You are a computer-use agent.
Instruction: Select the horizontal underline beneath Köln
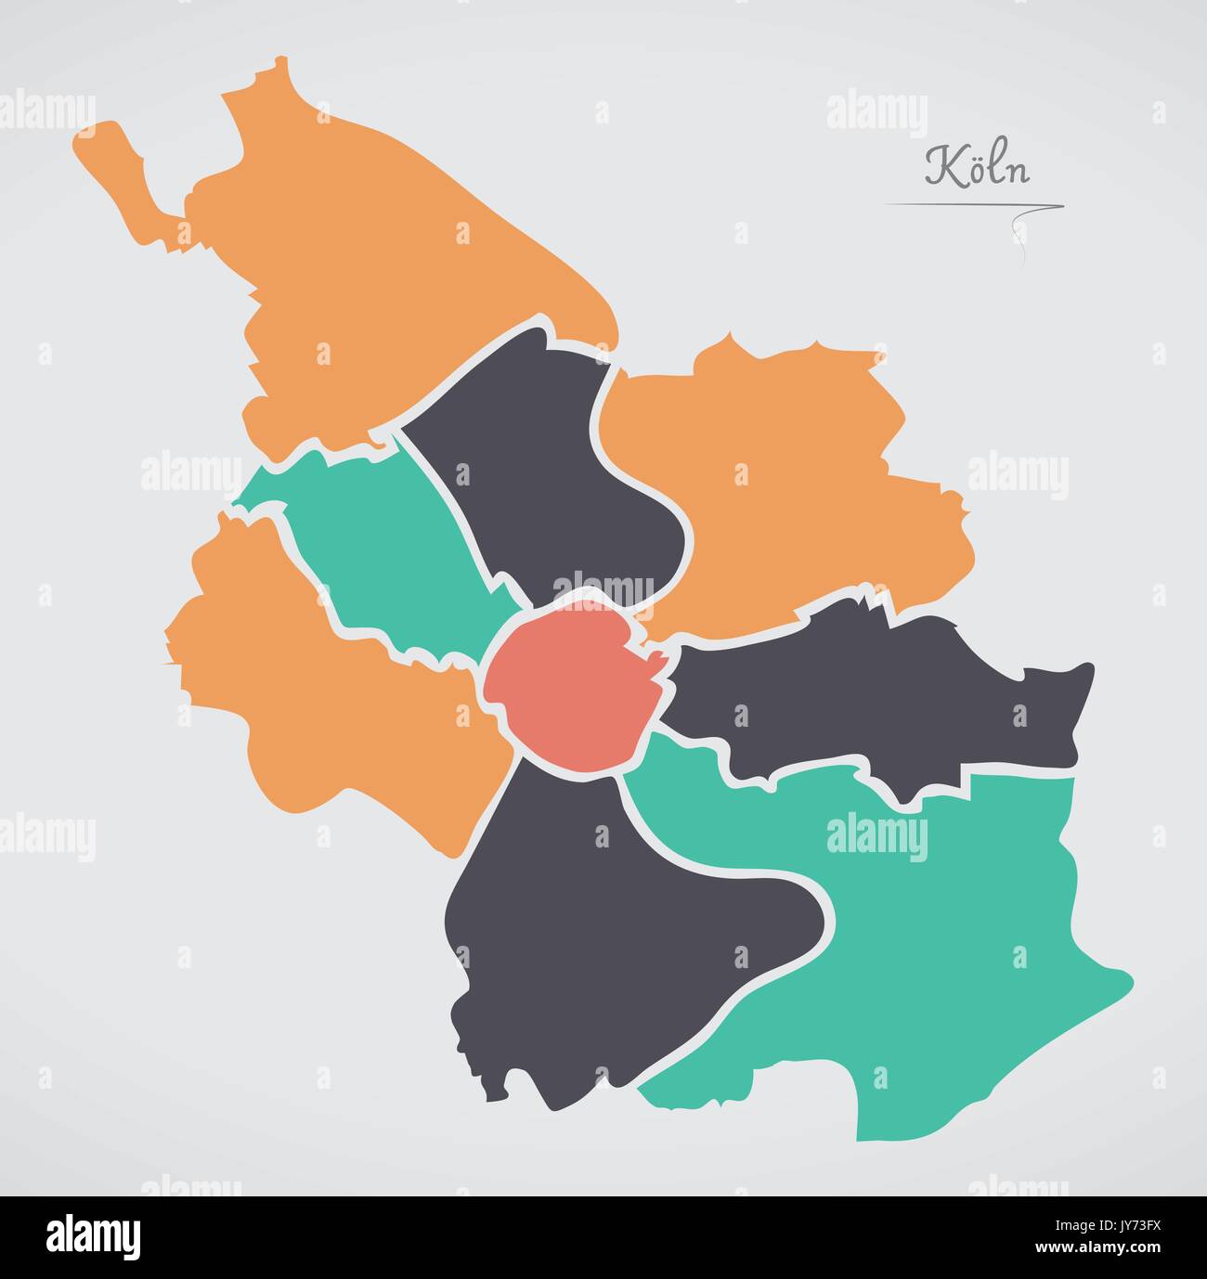point(966,206)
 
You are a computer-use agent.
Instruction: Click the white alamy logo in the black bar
point(93,1237)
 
